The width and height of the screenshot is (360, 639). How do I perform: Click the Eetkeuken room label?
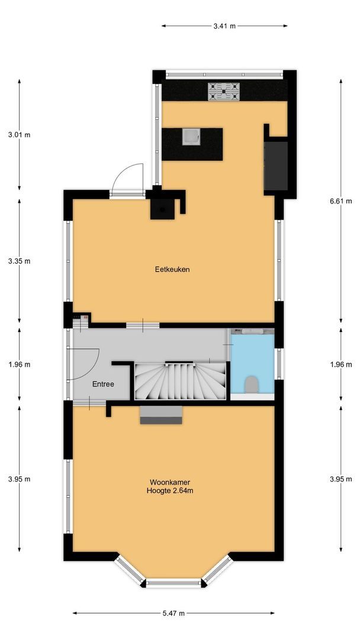(x=172, y=269)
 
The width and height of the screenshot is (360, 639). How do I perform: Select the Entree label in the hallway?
(x=102, y=384)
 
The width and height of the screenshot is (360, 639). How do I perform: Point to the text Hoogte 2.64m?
(x=171, y=490)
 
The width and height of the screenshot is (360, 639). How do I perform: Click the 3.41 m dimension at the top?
(x=224, y=26)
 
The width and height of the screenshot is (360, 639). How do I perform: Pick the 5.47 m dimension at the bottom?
(x=173, y=613)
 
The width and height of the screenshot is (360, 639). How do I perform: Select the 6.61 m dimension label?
(x=340, y=201)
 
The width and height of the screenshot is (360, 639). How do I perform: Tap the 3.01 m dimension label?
(x=19, y=135)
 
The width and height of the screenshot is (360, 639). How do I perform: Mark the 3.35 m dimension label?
(x=19, y=261)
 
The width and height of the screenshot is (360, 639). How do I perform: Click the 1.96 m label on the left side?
(x=19, y=364)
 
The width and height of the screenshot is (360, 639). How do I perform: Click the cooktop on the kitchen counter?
(x=224, y=91)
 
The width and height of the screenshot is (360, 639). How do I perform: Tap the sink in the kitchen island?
(x=191, y=137)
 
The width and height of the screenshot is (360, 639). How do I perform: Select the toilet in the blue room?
(x=251, y=384)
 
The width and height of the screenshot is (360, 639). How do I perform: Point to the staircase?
(x=180, y=380)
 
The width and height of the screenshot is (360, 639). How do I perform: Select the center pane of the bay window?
(x=174, y=583)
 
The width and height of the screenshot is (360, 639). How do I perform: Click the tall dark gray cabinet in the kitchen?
(x=276, y=166)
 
